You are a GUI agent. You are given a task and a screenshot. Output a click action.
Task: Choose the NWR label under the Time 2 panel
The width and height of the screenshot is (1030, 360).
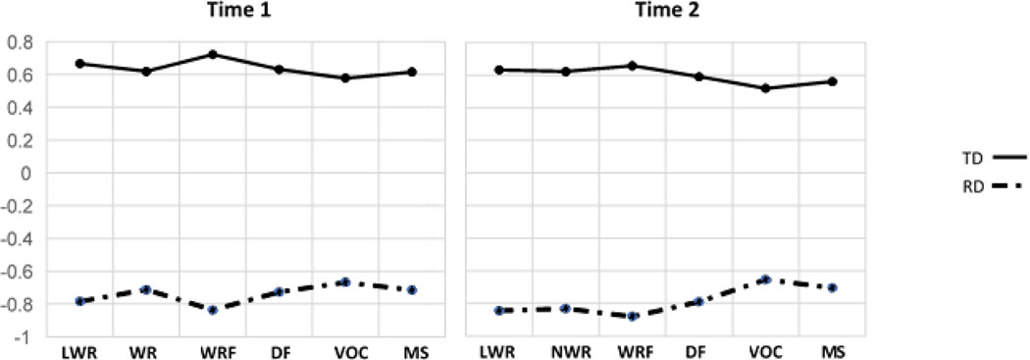(x=566, y=351)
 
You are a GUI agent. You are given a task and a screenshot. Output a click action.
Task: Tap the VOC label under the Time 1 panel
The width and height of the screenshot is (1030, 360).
(x=345, y=351)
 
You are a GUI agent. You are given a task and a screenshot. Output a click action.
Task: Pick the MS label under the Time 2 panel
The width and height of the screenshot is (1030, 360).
(x=832, y=351)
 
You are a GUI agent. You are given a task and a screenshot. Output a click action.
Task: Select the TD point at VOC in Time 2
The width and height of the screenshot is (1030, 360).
(x=765, y=88)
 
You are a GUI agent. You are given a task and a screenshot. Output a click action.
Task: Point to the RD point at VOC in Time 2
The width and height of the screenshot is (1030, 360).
(x=765, y=280)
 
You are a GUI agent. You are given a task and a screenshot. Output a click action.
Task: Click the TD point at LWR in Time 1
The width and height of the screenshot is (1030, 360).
(x=79, y=64)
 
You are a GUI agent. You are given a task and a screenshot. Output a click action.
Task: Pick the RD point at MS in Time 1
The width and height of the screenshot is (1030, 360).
(x=412, y=290)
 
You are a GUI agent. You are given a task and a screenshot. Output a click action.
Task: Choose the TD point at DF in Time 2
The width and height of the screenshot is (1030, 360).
(x=699, y=77)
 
